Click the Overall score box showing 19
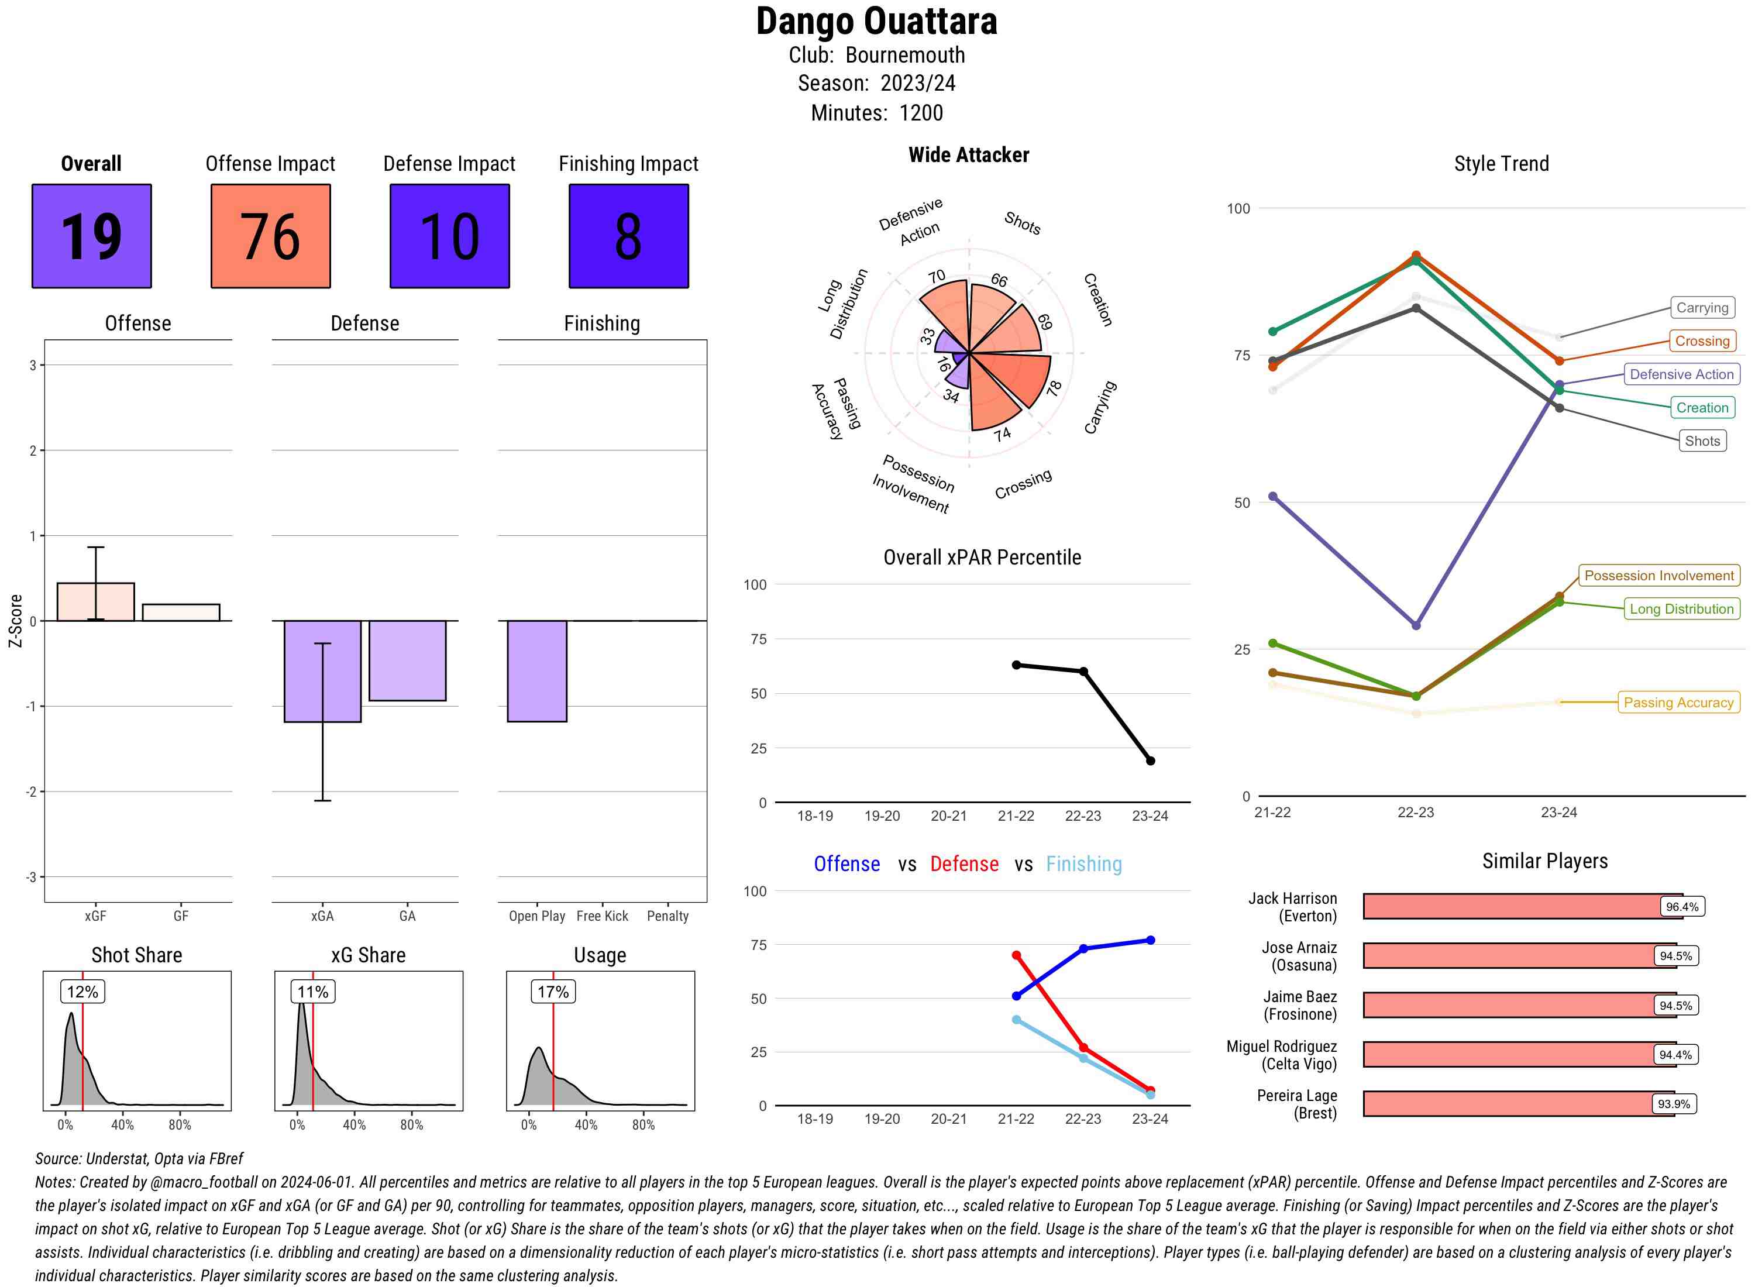[91, 236]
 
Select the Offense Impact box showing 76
[270, 236]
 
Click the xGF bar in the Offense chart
[96, 602]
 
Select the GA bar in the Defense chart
[407, 660]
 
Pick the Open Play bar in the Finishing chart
[536, 671]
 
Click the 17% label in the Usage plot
[553, 992]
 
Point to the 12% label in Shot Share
[82, 992]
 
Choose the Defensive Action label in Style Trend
[1681, 375]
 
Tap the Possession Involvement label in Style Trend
[1658, 576]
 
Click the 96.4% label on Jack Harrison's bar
[1682, 907]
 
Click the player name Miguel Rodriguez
[1281, 1046]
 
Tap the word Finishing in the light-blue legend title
[1083, 864]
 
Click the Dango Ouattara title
[876, 22]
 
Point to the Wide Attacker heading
[968, 155]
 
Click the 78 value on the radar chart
[1054, 388]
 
